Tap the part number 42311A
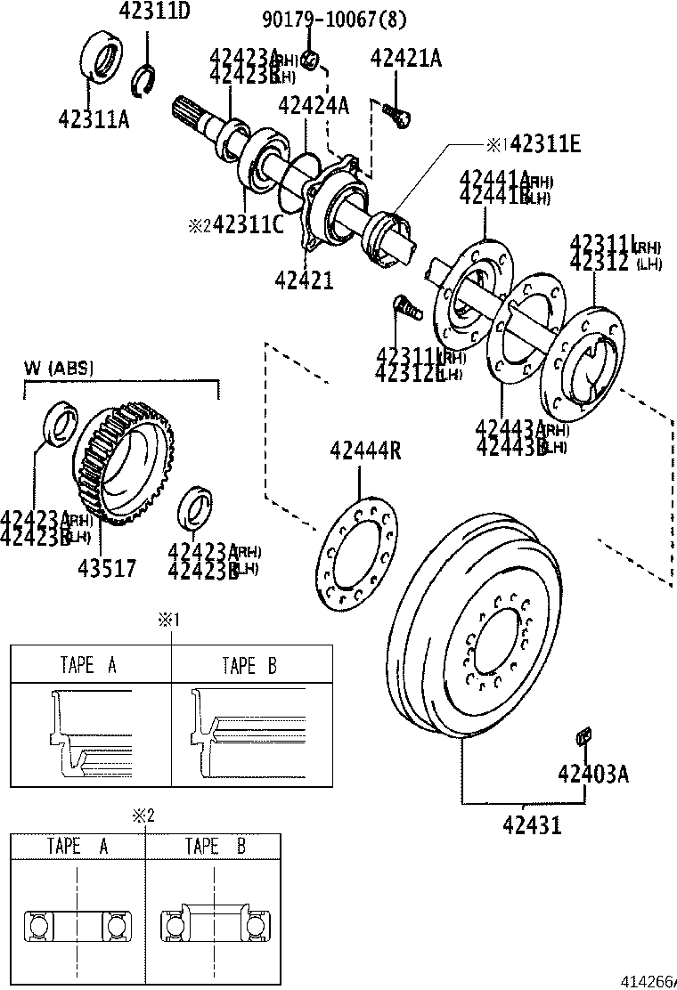94,118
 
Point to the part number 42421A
406,60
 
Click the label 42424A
313,106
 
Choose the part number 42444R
365,450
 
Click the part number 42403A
593,773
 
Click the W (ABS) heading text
59,368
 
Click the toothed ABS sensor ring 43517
125,465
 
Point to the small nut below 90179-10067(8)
311,60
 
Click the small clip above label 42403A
584,735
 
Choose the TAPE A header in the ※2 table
77,847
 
